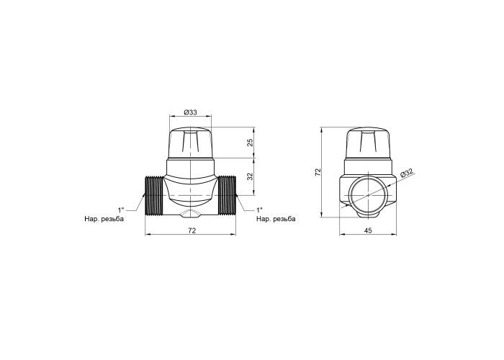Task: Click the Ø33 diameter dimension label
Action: point(190,112)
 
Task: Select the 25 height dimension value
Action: point(251,143)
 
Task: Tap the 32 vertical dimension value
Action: point(251,176)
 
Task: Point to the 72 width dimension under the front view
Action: point(192,230)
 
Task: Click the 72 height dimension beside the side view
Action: point(318,172)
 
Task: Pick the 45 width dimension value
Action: point(368,230)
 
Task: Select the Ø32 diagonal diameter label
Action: point(407,172)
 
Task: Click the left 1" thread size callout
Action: point(121,210)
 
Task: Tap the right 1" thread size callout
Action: point(260,210)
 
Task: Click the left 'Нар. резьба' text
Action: point(104,219)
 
